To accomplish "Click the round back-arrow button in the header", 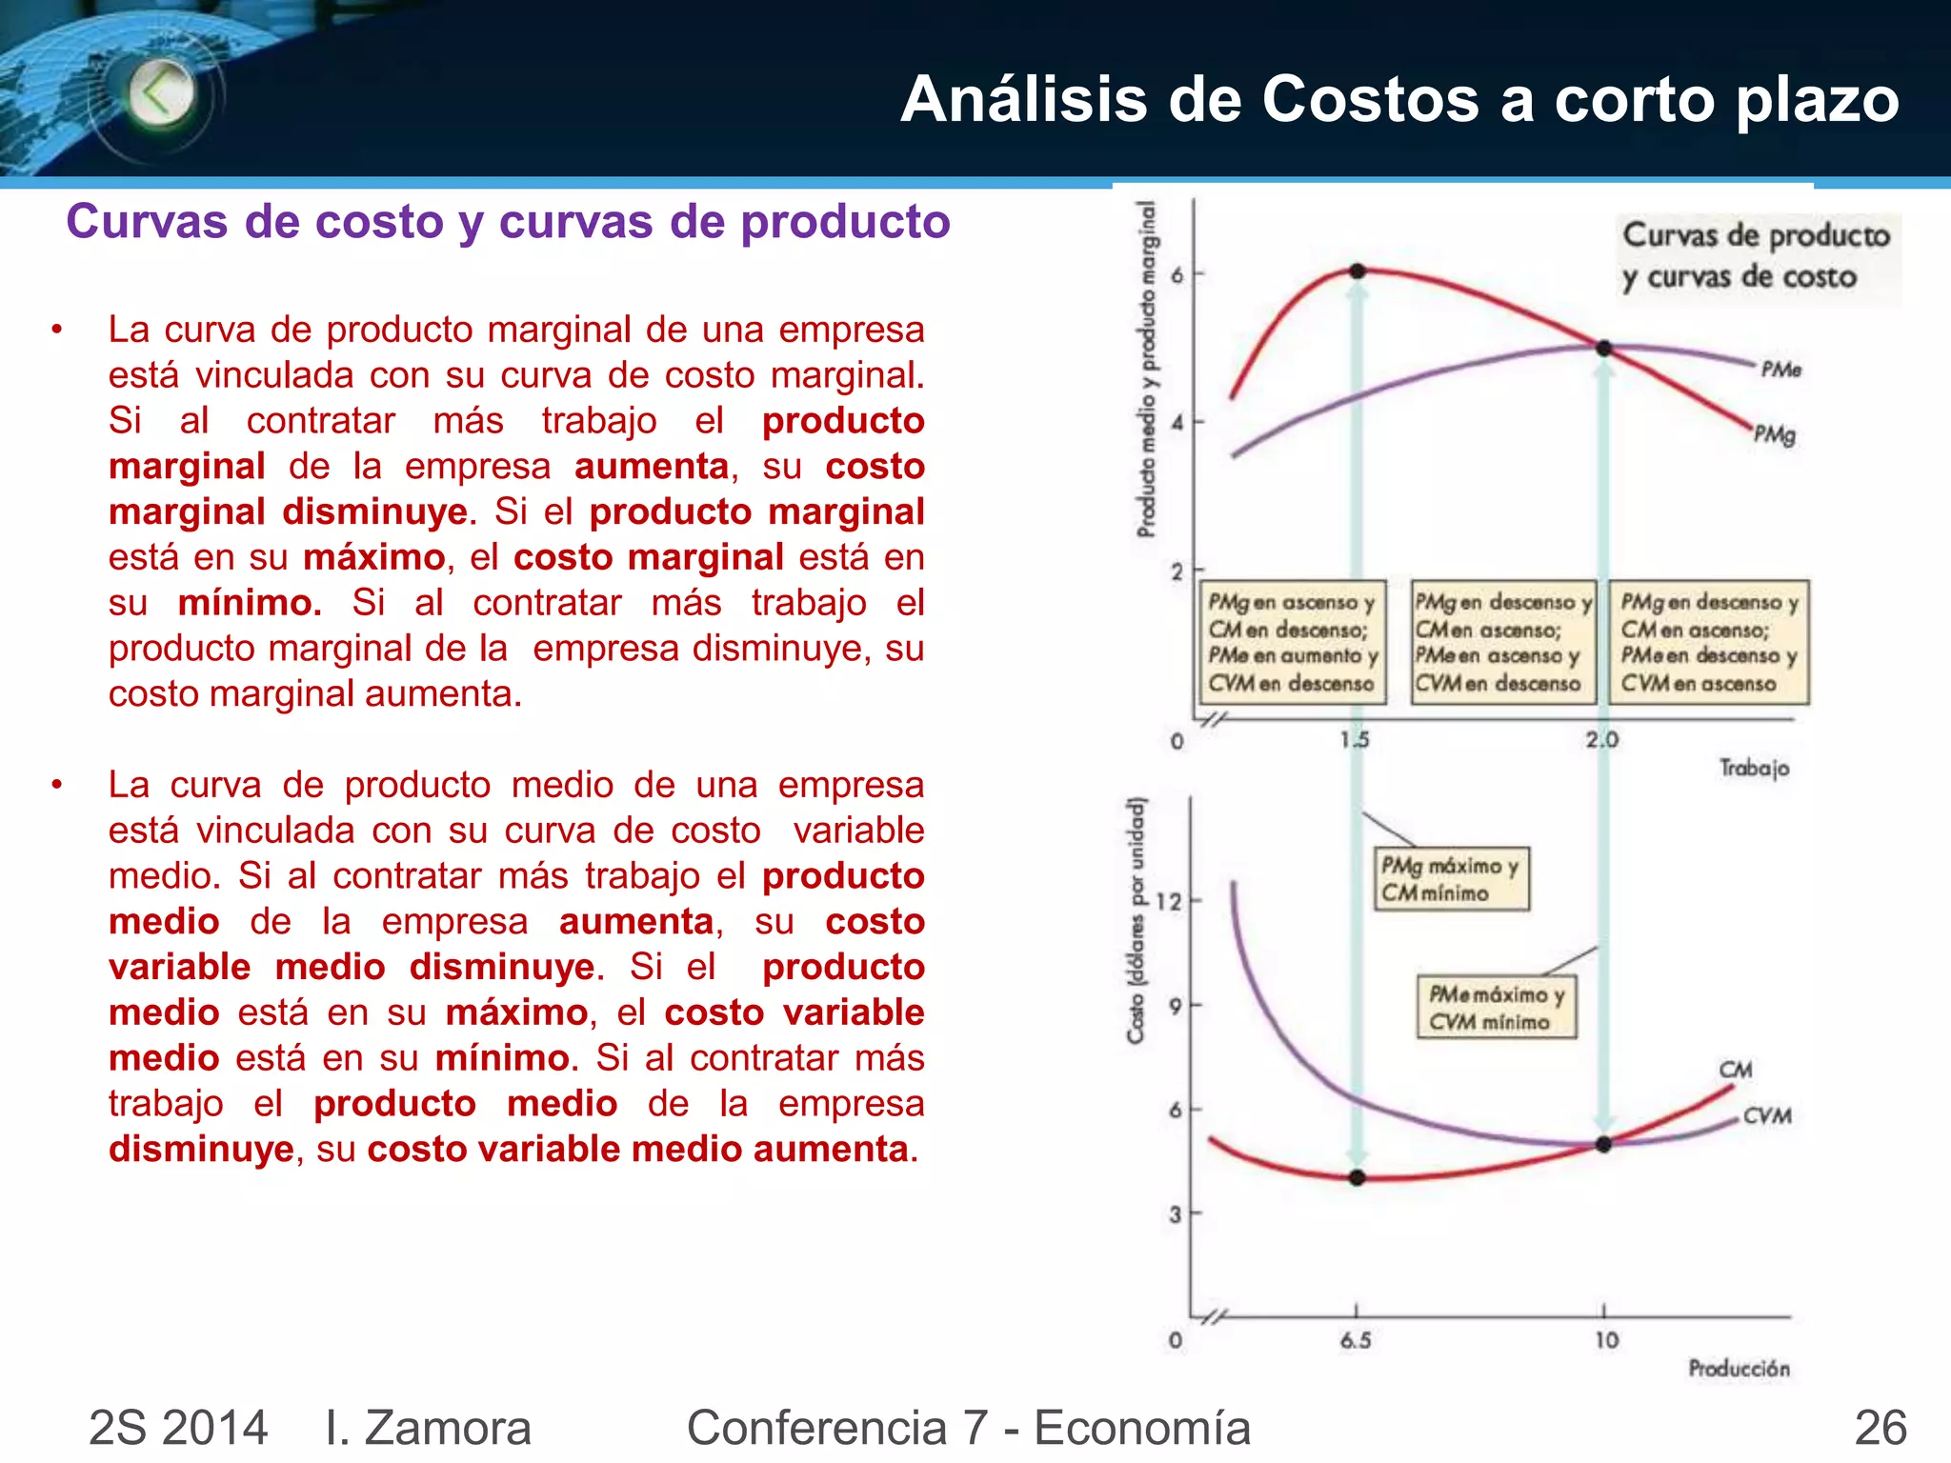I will pyautogui.click(x=161, y=93).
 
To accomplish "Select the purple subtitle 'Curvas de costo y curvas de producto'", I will pyautogui.click(x=508, y=221).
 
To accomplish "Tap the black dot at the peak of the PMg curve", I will pyautogui.click(x=1358, y=271).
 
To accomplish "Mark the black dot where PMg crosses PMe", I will pyautogui.click(x=1603, y=349).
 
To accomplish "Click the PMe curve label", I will pyautogui.click(x=1780, y=370).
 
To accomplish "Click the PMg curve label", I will pyautogui.click(x=1775, y=435).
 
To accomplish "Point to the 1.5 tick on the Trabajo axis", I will pyautogui.click(x=1354, y=739).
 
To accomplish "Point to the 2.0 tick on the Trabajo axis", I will pyautogui.click(x=1601, y=739).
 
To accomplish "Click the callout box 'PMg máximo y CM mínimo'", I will pyautogui.click(x=1450, y=879).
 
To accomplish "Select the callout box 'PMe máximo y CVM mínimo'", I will pyautogui.click(x=1496, y=1007).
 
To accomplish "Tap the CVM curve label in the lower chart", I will pyautogui.click(x=1767, y=1115).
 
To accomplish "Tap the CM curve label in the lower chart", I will pyautogui.click(x=1736, y=1070).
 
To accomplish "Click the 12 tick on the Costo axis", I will pyautogui.click(x=1168, y=901).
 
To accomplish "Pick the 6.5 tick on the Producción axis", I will pyautogui.click(x=1356, y=1340).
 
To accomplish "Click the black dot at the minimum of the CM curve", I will pyautogui.click(x=1358, y=1178).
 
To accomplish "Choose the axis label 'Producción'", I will pyautogui.click(x=1739, y=1369).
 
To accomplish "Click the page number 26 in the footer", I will pyautogui.click(x=1880, y=1427).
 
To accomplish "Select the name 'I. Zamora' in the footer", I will pyautogui.click(x=428, y=1427).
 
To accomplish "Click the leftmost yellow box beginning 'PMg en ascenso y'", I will pyautogui.click(x=1292, y=642).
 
